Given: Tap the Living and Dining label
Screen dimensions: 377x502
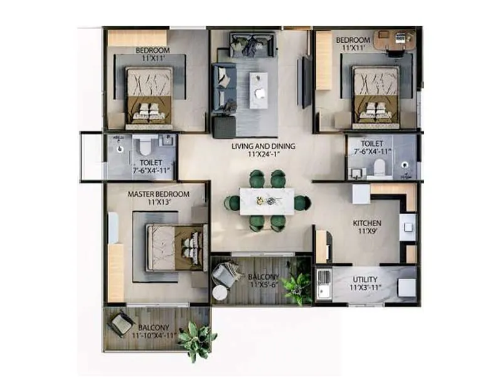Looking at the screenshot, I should coord(263,146).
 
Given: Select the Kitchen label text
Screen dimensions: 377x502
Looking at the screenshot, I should coord(367,223).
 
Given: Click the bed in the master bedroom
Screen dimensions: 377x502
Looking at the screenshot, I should coord(177,247).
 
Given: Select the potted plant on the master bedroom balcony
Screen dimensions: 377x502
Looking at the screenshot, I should coord(196,340).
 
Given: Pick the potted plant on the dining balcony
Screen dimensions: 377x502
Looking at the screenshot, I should coord(297,287).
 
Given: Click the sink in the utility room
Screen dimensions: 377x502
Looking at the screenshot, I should coord(325,283).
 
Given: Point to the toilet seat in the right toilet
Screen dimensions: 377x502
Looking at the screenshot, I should coord(378,167).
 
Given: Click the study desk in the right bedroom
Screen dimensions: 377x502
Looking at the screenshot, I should coord(393,40).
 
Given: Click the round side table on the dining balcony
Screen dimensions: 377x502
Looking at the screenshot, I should coord(219,292).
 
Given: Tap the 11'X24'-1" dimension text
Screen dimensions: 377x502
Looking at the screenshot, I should coord(263,155).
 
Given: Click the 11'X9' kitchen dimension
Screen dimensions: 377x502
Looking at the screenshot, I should coord(367,231).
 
